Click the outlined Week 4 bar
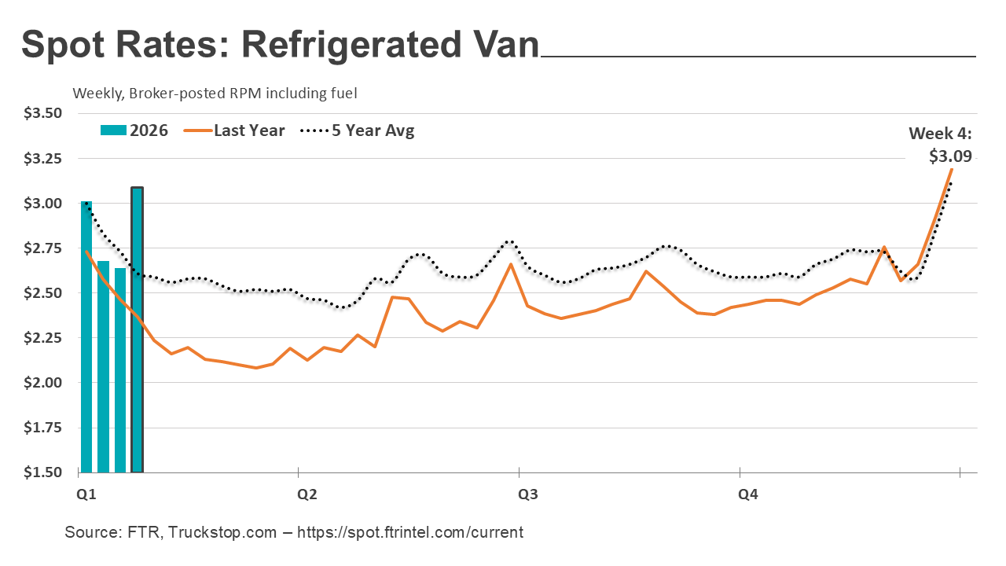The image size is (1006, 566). (x=137, y=330)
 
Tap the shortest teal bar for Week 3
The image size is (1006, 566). (x=120, y=369)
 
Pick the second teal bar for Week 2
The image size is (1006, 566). (x=103, y=366)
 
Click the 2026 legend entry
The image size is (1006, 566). (x=134, y=130)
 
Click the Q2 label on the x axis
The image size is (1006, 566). (x=306, y=495)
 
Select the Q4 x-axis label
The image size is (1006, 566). (x=747, y=495)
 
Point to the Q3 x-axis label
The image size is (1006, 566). (x=527, y=495)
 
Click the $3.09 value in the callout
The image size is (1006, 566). (x=950, y=156)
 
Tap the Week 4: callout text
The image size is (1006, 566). (x=940, y=134)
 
